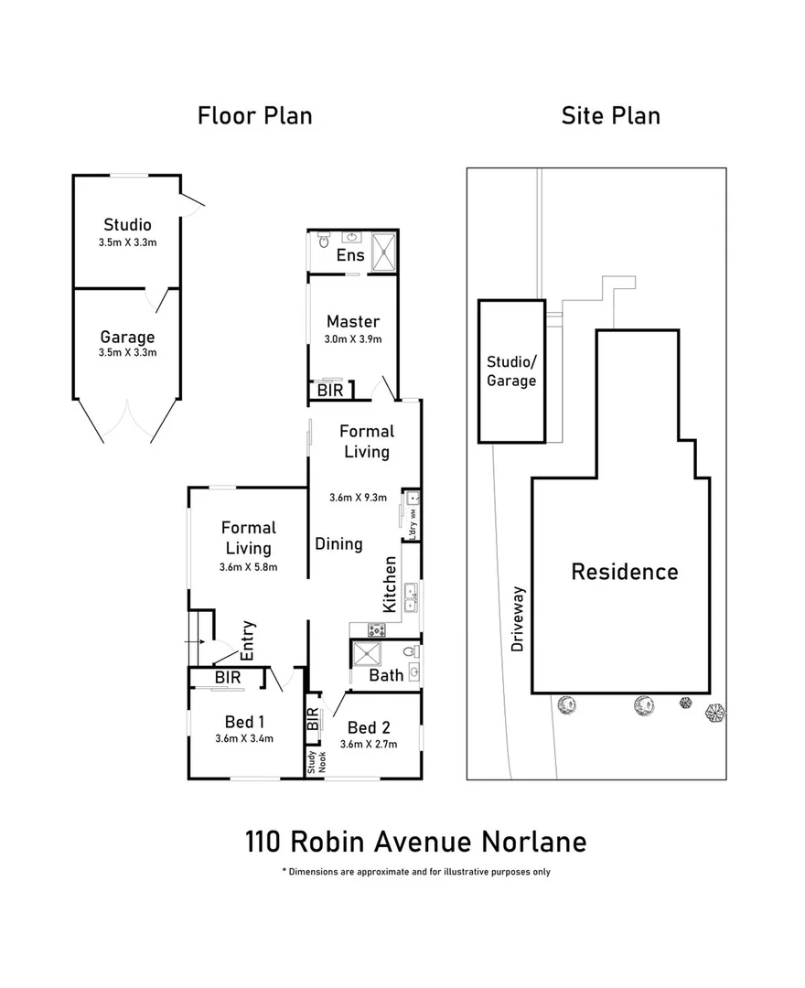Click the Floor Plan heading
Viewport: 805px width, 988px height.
[255, 116]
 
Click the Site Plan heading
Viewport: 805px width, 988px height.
[610, 116]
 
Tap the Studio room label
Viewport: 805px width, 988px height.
[127, 224]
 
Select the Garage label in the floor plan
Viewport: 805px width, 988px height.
[127, 337]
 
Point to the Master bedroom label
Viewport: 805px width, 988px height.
[352, 321]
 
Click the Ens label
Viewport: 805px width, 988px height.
[350, 255]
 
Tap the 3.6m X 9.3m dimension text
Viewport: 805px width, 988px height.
[359, 498]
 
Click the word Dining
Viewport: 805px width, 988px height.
[338, 543]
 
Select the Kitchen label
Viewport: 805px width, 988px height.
[390, 585]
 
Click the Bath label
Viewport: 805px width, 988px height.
[386, 676]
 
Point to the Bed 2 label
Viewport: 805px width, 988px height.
[370, 728]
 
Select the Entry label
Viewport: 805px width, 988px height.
[248, 640]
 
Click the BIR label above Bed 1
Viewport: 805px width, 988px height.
[228, 678]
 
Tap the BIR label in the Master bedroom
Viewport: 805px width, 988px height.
[330, 391]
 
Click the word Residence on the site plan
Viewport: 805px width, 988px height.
[625, 572]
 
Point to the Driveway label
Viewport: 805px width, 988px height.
[519, 618]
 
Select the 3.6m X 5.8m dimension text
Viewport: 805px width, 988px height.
[248, 567]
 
